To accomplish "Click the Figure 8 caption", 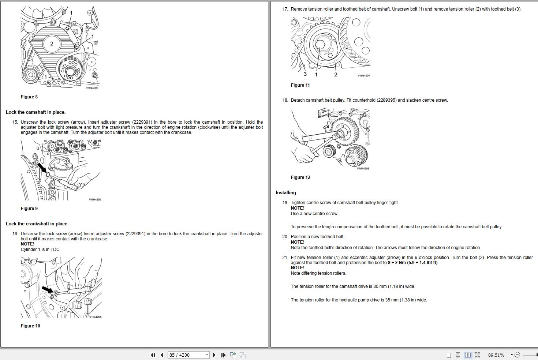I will pyautogui.click(x=29, y=97).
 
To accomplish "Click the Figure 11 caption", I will pyautogui.click(x=300, y=85).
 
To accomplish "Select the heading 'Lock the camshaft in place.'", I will pyautogui.click(x=36, y=112).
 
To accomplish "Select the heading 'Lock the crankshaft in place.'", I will pyautogui.click(x=37, y=224).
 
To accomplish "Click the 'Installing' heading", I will pyautogui.click(x=286, y=193).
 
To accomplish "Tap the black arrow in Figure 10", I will pyautogui.click(x=47, y=290).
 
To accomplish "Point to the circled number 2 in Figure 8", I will pyautogui.click(x=52, y=44).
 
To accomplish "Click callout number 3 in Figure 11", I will pyautogui.click(x=305, y=74).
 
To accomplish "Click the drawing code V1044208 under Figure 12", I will pyautogui.click(x=363, y=169).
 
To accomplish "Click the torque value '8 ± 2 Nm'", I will pyautogui.click(x=398, y=263).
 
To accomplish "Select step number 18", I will pyautogui.click(x=285, y=100).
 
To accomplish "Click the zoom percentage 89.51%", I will pyautogui.click(x=496, y=355).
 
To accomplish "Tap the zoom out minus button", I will pyautogui.click(x=517, y=355).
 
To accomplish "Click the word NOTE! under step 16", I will pyautogui.click(x=27, y=244).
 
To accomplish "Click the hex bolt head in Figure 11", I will pyautogui.click(x=320, y=44).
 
